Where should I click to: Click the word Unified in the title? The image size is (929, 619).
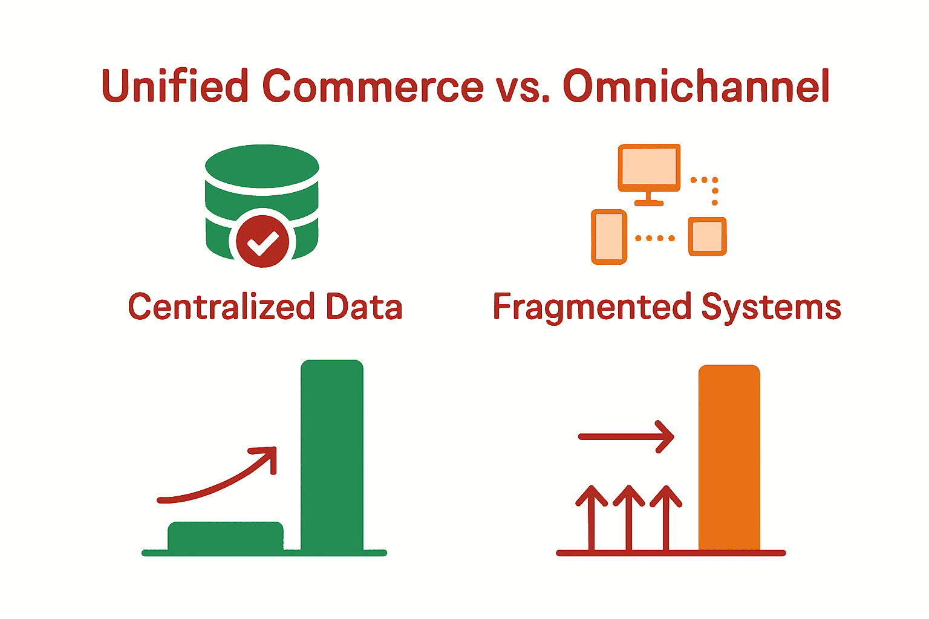[x=175, y=86]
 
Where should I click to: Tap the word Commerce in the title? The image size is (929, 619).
[x=373, y=86]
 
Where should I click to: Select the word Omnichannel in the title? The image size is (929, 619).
[x=696, y=86]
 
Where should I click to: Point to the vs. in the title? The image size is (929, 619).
[x=523, y=88]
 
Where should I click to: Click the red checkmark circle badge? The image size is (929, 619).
[x=262, y=241]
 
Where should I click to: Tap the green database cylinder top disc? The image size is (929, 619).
[x=262, y=164]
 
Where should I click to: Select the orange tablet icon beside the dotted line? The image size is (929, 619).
[x=608, y=237]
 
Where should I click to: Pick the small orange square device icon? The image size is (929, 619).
[x=707, y=236]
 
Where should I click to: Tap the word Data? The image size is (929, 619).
[x=364, y=306]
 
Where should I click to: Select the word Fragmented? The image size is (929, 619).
[x=592, y=307]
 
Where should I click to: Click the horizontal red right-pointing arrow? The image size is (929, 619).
[x=626, y=436]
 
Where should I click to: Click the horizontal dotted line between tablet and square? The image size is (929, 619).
[x=655, y=238]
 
